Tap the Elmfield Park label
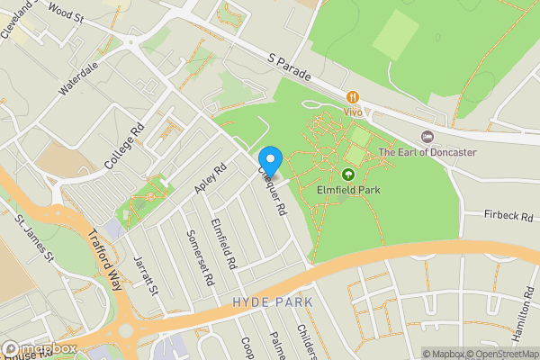point(348,190)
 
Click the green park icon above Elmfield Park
point(348,173)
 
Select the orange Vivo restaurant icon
point(353,96)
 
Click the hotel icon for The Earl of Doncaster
point(427,136)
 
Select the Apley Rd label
point(210,177)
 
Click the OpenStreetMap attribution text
point(499,354)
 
